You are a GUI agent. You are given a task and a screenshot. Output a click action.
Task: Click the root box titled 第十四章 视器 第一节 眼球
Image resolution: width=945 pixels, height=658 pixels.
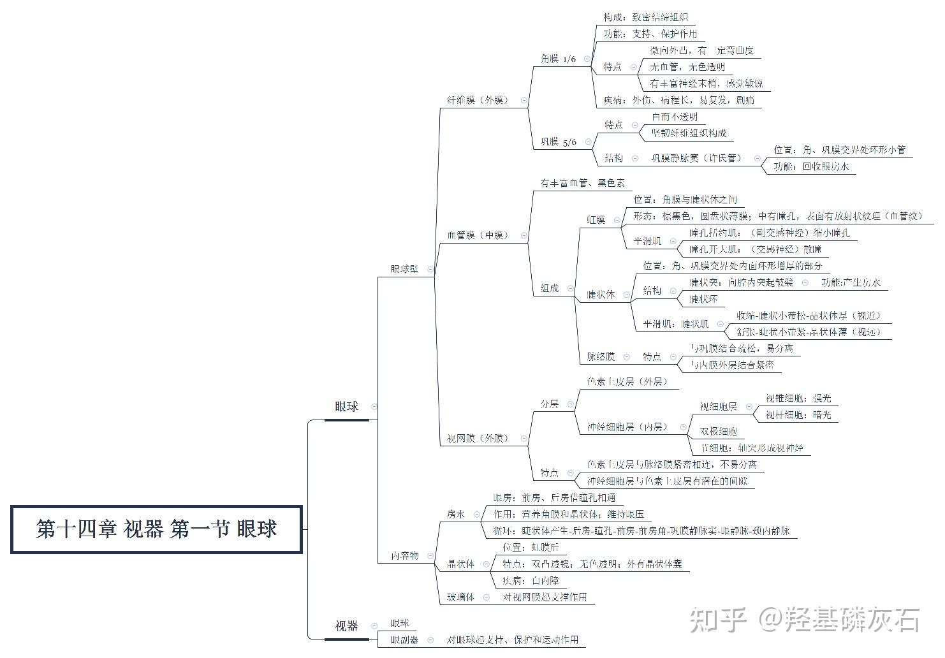pos(156,529)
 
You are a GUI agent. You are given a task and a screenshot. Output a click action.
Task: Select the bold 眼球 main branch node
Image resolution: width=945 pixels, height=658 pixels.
pos(346,407)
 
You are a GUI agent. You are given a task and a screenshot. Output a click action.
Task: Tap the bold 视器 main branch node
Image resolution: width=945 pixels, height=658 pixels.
pos(346,626)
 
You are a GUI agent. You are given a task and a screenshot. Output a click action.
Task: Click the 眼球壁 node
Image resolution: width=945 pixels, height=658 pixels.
pos(404,269)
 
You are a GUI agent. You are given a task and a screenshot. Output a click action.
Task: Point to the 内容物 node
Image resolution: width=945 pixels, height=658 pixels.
pos(405,555)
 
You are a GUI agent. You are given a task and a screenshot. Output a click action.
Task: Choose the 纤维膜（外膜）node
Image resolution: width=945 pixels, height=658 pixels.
pos(478,100)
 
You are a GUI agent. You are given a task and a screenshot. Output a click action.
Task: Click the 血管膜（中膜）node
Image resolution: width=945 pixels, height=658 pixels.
pos(478,235)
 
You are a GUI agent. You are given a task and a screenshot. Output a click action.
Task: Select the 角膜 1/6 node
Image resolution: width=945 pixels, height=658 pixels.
pos(558,59)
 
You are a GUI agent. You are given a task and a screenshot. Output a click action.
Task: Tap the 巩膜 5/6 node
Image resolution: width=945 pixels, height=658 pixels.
pos(558,142)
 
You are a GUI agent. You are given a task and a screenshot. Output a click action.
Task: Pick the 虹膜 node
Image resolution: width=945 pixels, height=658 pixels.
pos(596,220)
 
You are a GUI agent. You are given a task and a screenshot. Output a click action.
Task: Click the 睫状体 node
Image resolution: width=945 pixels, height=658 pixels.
pos(601,295)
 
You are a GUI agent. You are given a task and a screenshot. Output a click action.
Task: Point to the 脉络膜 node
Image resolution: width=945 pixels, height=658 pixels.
pos(601,357)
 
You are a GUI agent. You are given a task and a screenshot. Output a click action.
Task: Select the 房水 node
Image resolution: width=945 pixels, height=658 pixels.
pos(456,514)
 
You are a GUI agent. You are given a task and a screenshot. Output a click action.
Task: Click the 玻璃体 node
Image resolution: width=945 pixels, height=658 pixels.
pos(460,597)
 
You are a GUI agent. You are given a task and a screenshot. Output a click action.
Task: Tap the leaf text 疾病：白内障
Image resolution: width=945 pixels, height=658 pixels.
pos(530,581)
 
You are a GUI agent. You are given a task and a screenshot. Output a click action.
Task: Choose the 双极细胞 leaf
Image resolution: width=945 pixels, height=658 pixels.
pos(718,432)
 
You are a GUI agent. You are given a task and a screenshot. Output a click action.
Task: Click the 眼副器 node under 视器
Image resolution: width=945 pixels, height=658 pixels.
pos(404,640)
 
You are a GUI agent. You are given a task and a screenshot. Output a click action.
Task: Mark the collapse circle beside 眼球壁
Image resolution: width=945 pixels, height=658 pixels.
pos(430,269)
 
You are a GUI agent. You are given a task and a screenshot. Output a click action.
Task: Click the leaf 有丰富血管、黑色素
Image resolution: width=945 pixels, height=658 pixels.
pos(582,184)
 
